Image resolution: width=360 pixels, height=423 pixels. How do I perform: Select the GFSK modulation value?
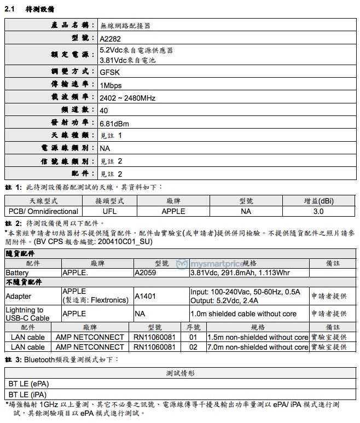109,72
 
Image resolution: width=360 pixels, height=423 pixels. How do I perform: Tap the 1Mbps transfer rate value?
111,85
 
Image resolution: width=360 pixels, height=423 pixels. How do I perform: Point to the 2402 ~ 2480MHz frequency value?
128,98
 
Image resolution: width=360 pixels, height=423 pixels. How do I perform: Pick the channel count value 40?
104,111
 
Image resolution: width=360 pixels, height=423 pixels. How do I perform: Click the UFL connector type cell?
109,211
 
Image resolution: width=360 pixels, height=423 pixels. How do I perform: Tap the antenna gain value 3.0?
318,211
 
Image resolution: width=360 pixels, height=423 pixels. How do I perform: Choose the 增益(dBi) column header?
318,201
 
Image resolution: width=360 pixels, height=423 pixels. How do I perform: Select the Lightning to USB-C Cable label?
28,314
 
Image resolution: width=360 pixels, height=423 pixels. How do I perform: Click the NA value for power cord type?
105,148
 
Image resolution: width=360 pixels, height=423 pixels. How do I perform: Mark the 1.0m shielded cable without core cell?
243,314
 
